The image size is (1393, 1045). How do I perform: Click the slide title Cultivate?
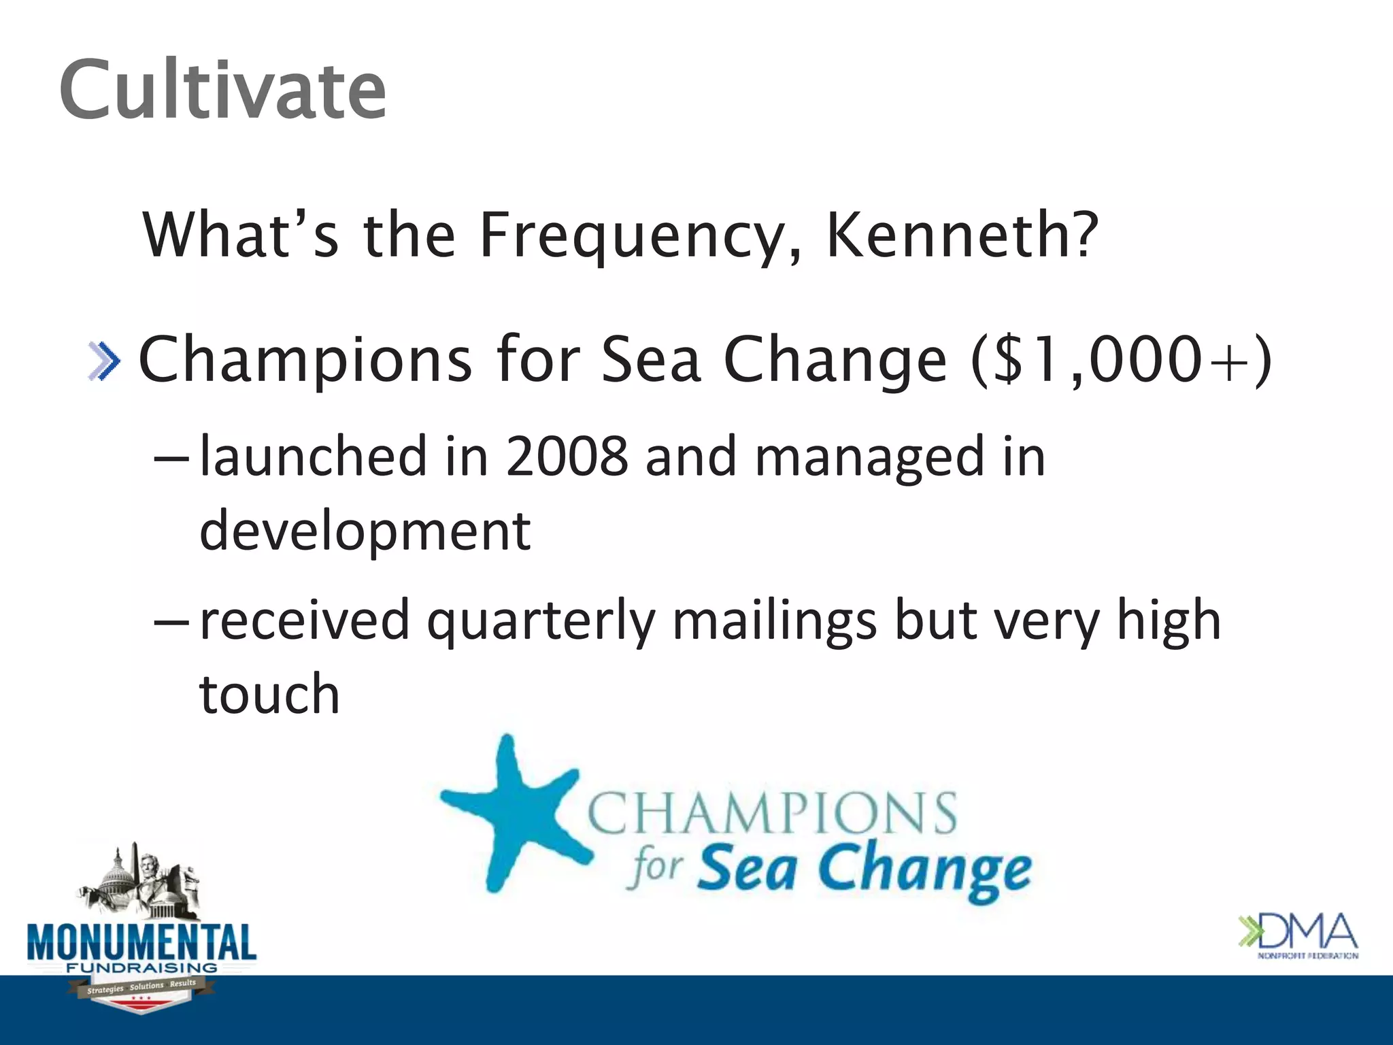[223, 90]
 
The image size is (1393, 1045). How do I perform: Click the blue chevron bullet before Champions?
[105, 361]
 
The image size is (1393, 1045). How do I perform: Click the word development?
[365, 531]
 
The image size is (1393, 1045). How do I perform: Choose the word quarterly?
[541, 621]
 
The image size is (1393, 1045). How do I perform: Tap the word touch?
[269, 695]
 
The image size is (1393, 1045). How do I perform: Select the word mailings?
[774, 621]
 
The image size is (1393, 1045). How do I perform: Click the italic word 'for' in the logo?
[656, 869]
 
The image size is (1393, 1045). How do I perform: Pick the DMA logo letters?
[1309, 932]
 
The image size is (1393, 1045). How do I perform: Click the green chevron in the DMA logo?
[1248, 932]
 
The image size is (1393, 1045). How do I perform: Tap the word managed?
[869, 457]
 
